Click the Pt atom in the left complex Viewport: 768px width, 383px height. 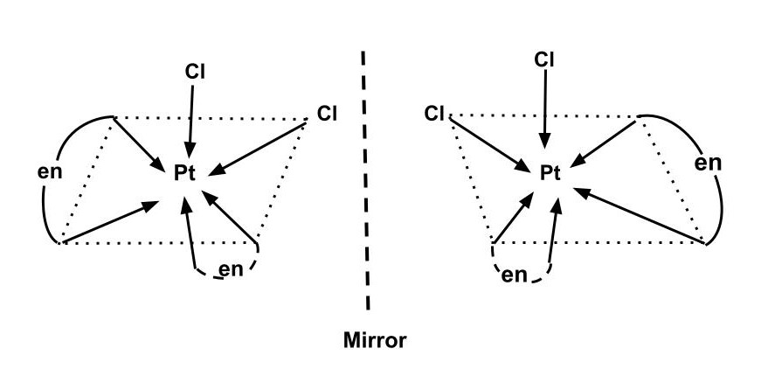(x=186, y=173)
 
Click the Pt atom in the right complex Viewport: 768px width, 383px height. (x=548, y=173)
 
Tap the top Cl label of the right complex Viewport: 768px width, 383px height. (x=544, y=59)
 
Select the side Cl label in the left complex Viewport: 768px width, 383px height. (x=326, y=112)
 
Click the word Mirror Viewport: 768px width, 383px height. (x=373, y=340)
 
